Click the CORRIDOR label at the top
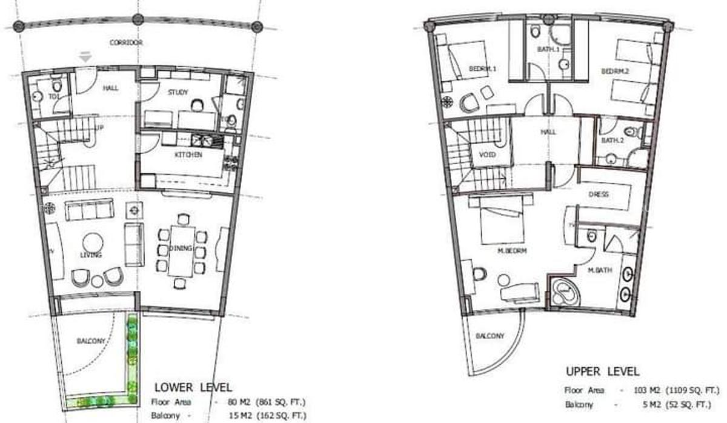click(x=126, y=43)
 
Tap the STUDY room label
click(x=178, y=92)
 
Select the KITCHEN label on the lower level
click(x=190, y=155)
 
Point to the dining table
click(x=181, y=250)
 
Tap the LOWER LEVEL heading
click(x=193, y=387)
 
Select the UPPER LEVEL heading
click(x=602, y=371)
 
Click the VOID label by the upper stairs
click(x=487, y=155)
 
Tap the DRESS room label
click(x=599, y=195)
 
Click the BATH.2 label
click(x=612, y=141)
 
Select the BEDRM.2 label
click(x=615, y=71)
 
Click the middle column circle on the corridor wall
click(x=138, y=21)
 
